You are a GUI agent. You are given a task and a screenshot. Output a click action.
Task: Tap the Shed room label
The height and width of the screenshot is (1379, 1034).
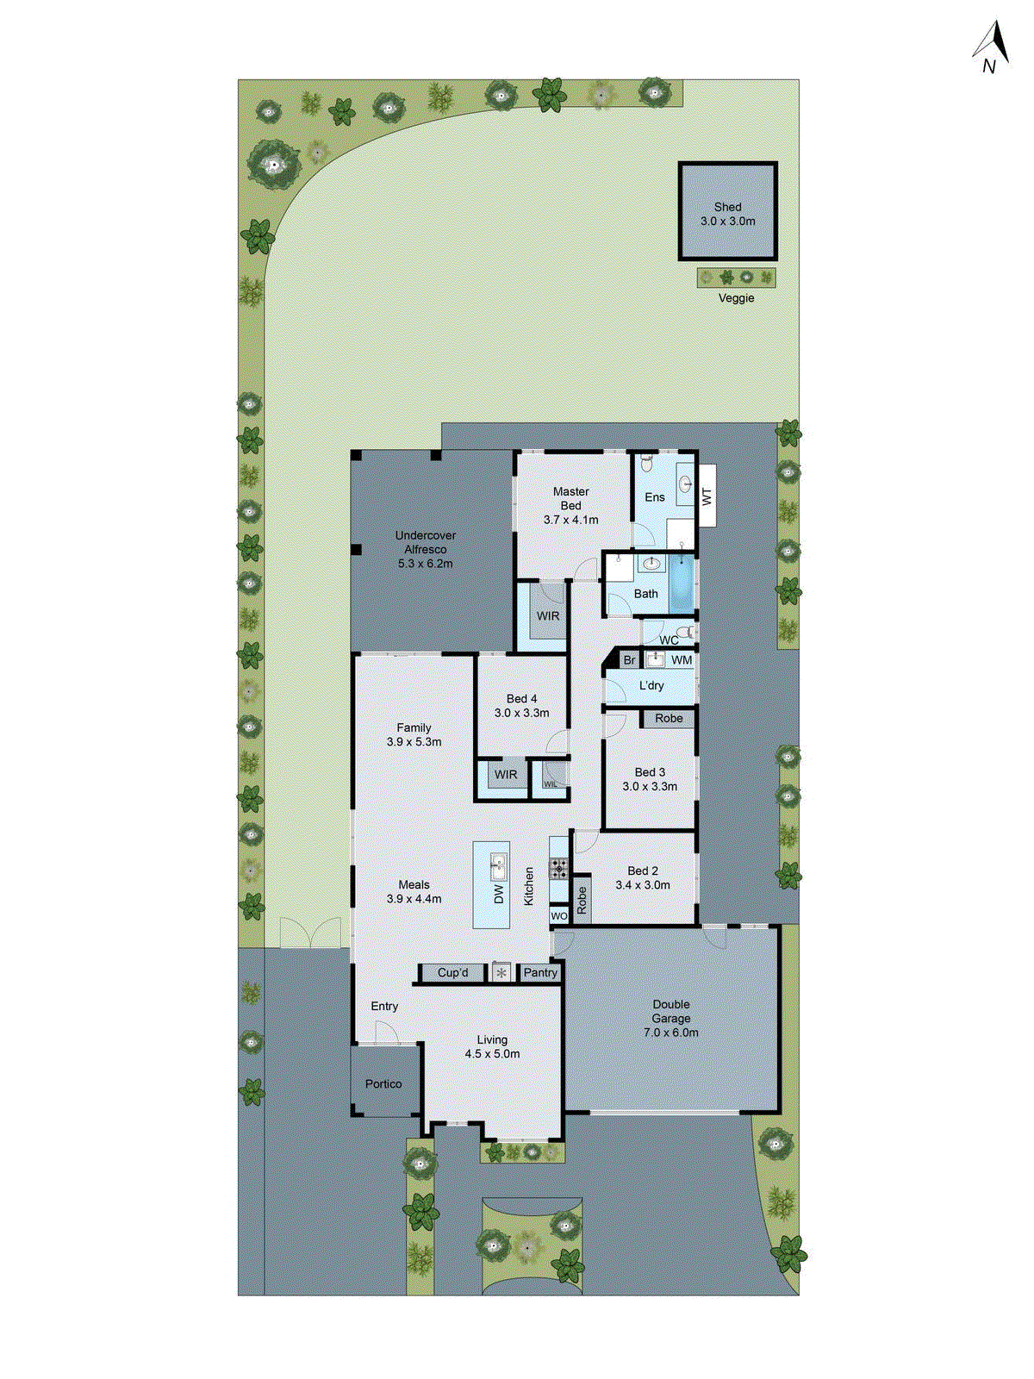727,207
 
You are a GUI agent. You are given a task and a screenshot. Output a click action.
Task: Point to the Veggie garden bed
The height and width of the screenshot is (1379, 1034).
736,278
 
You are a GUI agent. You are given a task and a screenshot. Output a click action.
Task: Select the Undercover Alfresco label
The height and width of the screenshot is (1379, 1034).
425,542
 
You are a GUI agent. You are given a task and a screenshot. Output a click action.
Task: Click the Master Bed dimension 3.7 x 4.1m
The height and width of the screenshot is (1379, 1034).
570,520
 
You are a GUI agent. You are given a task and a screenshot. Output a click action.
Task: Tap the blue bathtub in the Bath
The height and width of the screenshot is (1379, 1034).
682,583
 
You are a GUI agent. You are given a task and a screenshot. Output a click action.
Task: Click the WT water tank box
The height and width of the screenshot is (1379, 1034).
707,496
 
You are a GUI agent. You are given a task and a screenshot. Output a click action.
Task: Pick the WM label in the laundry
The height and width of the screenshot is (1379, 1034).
682,660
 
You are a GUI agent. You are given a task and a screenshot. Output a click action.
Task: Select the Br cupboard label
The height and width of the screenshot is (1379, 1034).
629,660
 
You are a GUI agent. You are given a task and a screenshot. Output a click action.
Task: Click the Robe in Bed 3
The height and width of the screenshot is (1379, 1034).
669,718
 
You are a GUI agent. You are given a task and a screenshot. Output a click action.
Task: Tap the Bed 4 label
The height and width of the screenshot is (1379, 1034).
521,699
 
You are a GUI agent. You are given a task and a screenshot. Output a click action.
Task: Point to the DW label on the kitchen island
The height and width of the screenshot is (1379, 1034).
498,894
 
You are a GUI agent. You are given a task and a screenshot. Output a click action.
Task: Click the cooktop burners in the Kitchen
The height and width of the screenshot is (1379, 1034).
559,868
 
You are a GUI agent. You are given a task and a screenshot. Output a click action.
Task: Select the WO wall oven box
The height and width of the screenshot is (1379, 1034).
559,916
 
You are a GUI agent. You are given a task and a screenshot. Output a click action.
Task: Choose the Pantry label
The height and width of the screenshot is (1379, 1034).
540,972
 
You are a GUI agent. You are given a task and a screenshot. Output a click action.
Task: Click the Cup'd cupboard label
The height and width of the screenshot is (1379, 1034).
452,972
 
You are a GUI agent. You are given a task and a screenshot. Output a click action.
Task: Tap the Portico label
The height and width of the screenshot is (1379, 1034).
383,1083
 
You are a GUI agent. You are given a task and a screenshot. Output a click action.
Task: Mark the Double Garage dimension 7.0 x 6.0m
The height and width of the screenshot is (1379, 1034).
670,1032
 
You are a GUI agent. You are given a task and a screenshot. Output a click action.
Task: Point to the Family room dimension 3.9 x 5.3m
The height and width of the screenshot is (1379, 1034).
414,741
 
